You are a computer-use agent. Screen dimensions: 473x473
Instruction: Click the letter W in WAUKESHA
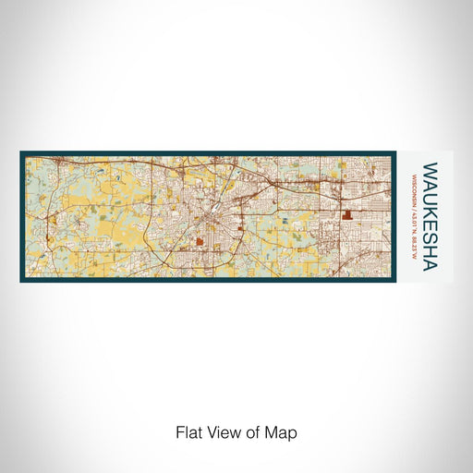429,172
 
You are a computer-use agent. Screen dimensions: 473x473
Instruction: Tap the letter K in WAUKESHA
429,209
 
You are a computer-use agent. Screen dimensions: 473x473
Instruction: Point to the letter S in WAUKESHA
429,231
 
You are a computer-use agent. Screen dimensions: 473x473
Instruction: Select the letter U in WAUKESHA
429,197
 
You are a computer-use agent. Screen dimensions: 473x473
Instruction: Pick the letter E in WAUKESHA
429,221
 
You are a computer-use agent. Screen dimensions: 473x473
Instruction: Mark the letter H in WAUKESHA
429,243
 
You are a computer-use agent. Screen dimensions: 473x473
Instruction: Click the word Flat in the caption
188,431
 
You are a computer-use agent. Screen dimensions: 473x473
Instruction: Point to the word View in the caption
221,431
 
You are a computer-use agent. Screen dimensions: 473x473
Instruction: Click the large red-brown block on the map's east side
349,213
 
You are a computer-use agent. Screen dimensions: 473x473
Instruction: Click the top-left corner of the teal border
20,152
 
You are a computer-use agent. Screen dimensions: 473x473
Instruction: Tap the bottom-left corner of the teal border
20,281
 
